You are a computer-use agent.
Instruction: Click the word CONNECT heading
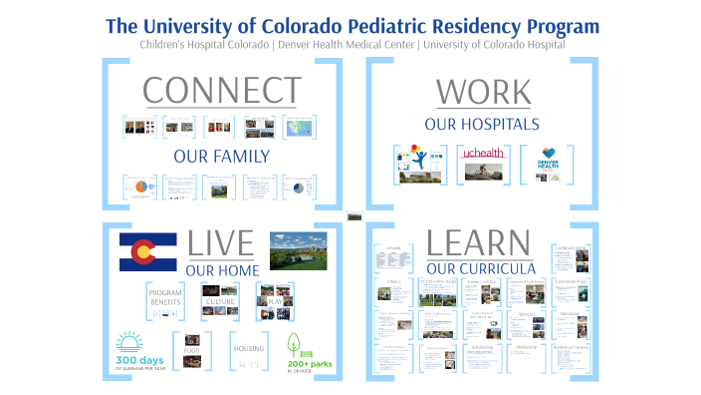222,90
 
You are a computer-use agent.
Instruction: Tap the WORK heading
483,92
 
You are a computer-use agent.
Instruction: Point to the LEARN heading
477,244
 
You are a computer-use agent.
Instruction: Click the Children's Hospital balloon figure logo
419,158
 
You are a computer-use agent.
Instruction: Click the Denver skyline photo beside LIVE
298,250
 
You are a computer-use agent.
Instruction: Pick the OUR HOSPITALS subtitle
482,125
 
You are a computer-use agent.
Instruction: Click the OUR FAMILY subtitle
221,156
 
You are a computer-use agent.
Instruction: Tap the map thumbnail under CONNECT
299,127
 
